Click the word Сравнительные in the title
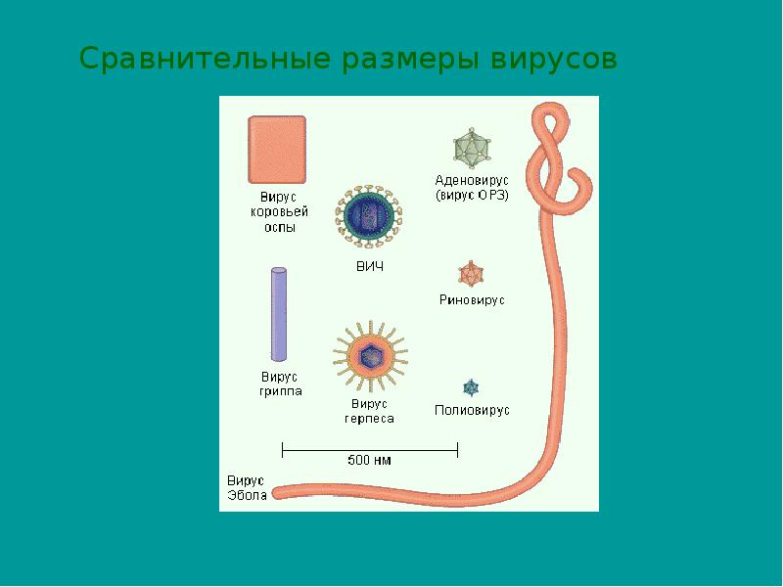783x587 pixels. click(x=205, y=60)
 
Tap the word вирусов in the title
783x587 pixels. click(x=554, y=60)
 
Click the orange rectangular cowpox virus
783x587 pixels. click(x=277, y=150)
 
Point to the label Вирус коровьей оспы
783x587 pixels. click(x=279, y=212)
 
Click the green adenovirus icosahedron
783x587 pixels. click(x=472, y=149)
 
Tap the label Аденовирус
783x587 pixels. click(x=472, y=180)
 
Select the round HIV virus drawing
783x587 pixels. click(x=369, y=216)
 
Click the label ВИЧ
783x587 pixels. click(x=370, y=266)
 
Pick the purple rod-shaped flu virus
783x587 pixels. click(x=279, y=314)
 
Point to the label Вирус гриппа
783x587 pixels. click(x=280, y=384)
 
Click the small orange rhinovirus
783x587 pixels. click(x=471, y=274)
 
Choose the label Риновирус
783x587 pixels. click(x=472, y=300)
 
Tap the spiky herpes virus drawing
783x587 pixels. click(x=371, y=356)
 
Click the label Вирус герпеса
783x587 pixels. click(x=369, y=411)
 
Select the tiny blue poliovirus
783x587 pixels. click(x=471, y=387)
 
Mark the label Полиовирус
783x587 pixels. click(x=472, y=410)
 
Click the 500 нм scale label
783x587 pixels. click(x=369, y=460)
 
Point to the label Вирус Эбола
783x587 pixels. click(x=247, y=488)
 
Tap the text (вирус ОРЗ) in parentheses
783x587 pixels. click(x=472, y=195)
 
